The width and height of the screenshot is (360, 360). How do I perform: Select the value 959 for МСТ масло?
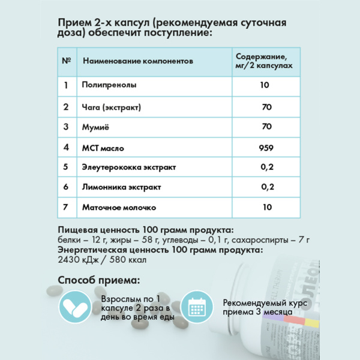point(266,147)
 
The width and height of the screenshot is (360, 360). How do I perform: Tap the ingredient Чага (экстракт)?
point(111,107)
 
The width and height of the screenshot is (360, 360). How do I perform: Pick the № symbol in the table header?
point(67,61)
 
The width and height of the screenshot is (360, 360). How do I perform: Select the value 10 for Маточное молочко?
point(266,208)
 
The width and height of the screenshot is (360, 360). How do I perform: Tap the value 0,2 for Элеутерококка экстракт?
point(267,167)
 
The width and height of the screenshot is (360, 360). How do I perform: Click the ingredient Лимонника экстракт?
point(121,187)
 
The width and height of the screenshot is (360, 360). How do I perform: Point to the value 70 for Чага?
point(266,107)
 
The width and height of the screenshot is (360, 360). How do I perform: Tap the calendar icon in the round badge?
point(197,307)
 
